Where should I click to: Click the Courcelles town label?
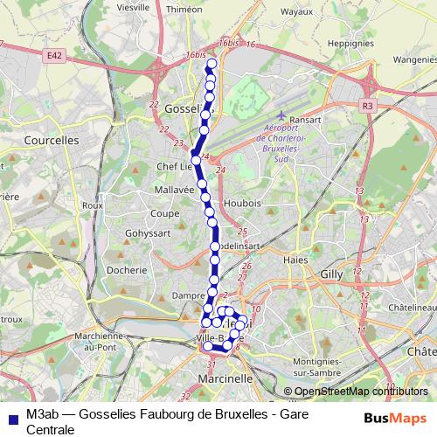[x=52, y=139]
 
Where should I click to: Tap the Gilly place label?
[x=331, y=274]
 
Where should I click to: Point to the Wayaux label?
[x=295, y=11]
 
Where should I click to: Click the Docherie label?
[x=126, y=270]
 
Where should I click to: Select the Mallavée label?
[x=173, y=188]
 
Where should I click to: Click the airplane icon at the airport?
[x=281, y=116]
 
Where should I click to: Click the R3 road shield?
[x=367, y=105]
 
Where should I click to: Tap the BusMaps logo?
[x=391, y=418]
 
